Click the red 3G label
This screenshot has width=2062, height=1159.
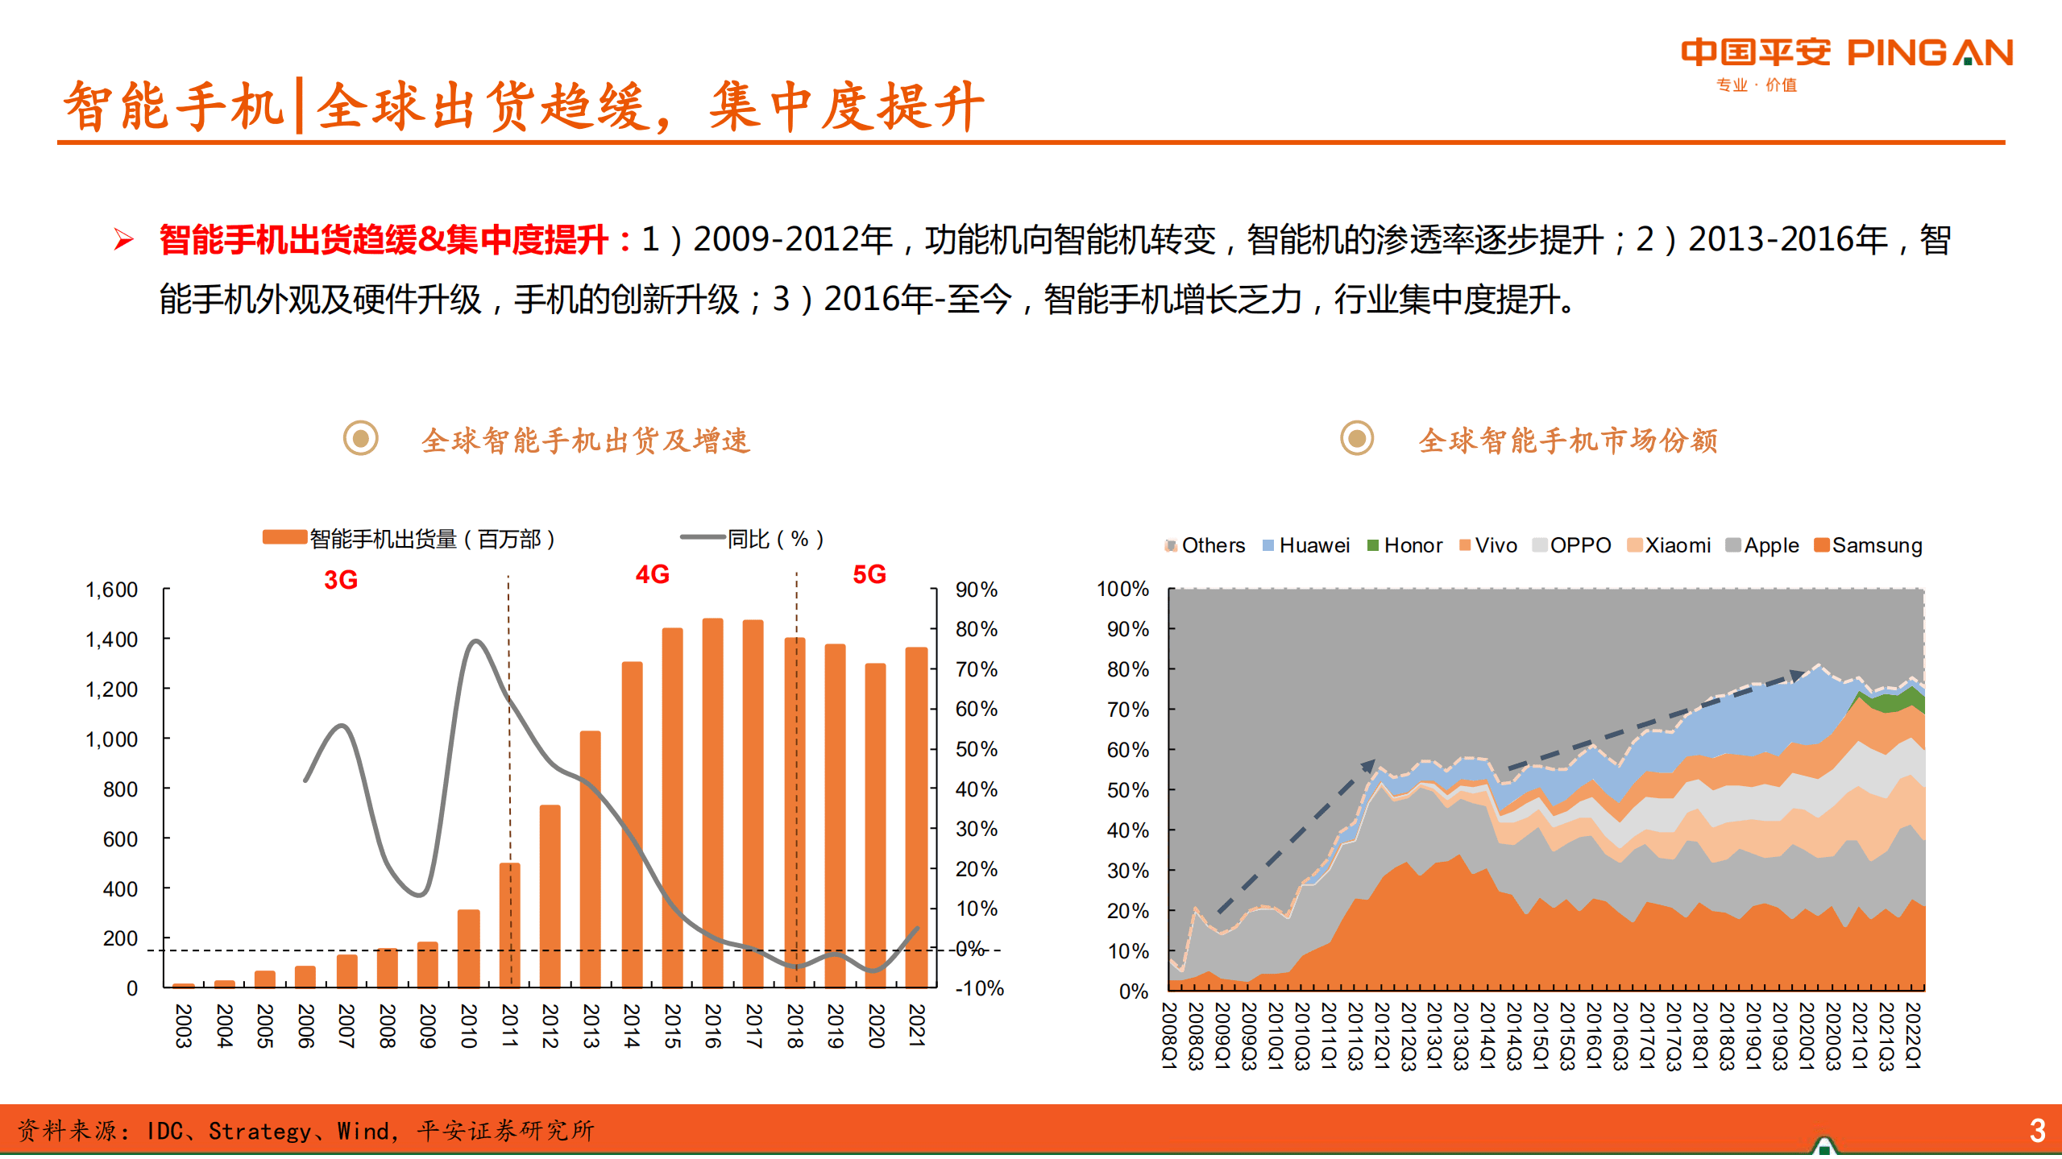click(340, 580)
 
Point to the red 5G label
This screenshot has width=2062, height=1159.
click(869, 574)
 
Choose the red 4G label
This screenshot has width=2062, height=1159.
click(652, 574)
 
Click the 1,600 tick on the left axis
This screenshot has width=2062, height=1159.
click(111, 590)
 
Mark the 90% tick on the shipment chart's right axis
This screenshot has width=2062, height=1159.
click(976, 590)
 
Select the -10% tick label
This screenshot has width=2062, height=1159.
click(979, 988)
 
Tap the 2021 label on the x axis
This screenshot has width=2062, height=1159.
click(916, 1024)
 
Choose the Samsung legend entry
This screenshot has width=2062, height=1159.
click(1868, 545)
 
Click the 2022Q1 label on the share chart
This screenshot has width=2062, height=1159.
click(1912, 1035)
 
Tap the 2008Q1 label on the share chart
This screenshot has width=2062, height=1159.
click(1169, 1035)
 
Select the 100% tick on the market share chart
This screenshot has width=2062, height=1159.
click(1122, 589)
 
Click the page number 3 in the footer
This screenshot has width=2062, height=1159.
click(2037, 1131)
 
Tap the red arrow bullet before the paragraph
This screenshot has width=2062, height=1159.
click(123, 239)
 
